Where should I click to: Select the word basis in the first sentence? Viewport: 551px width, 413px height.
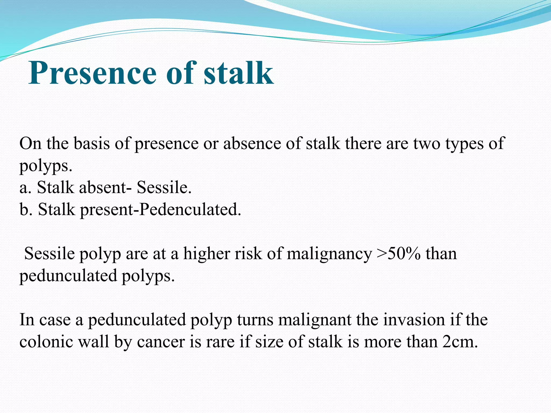pyautogui.click(x=91, y=143)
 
